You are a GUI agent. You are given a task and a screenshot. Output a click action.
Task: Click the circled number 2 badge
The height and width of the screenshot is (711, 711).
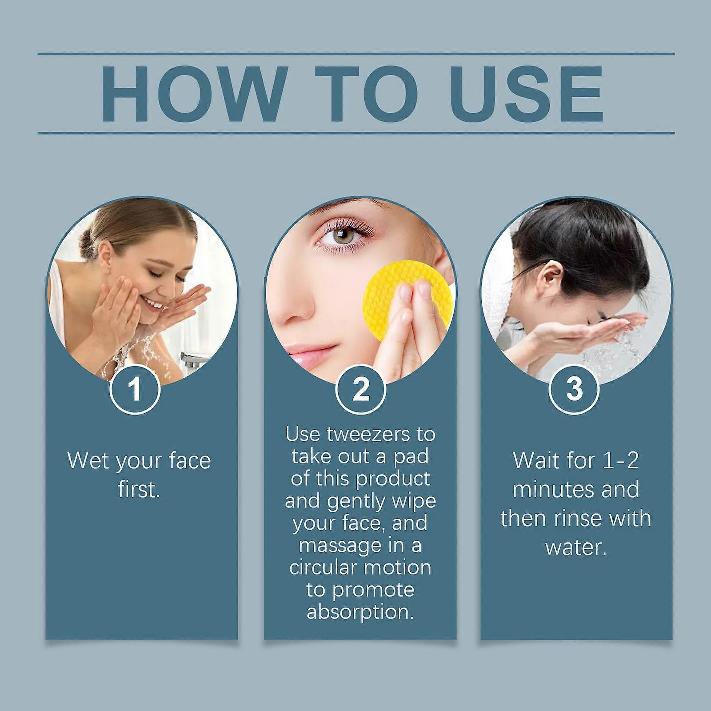[x=360, y=389]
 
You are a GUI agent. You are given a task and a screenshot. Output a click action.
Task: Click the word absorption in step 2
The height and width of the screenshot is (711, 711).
[x=360, y=612]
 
